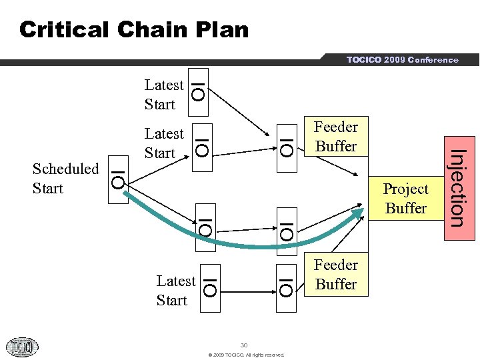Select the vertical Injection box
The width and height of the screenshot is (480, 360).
455,187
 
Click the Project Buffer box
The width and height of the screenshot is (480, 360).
405,198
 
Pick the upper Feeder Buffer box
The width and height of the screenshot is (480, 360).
336,137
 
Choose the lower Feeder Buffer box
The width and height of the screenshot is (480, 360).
336,275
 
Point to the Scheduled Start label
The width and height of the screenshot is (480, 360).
65,179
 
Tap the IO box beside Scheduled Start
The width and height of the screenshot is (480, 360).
118,179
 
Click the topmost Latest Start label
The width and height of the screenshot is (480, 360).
163,95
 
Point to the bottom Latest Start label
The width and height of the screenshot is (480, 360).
175,291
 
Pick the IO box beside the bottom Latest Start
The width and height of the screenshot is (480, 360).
209,281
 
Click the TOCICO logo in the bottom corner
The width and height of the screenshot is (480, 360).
22,347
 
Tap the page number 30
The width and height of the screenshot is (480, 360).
244,345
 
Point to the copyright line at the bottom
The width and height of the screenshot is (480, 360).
246,355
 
